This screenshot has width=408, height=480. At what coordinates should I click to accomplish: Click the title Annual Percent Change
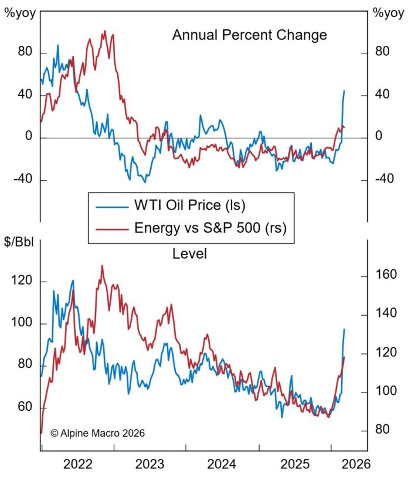[x=249, y=35]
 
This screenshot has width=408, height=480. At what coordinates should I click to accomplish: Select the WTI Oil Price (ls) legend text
[x=190, y=207]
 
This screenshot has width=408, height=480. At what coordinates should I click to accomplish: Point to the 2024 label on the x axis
[x=222, y=465]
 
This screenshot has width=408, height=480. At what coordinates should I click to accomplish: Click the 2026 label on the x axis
[x=355, y=465]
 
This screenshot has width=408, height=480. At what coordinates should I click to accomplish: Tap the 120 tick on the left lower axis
[x=23, y=282]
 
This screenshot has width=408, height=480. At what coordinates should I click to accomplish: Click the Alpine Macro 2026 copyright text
[x=97, y=432]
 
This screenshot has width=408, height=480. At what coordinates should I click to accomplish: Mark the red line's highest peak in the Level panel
[x=102, y=266]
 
